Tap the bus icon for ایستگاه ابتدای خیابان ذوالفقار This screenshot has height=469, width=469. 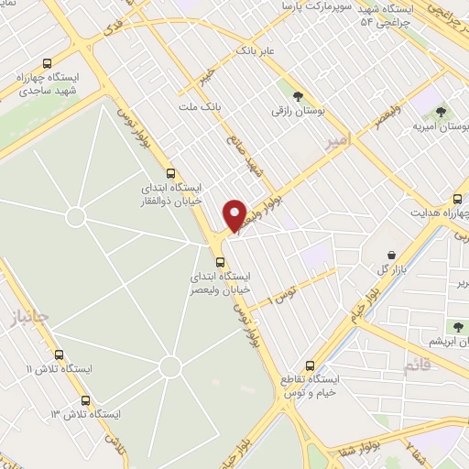click(170, 172)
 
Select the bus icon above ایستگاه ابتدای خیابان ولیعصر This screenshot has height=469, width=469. click(218, 262)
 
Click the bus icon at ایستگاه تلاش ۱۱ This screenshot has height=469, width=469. click(60, 354)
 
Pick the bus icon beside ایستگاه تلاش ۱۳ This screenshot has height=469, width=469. click(85, 400)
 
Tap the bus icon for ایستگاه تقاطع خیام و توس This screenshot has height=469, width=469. click(311, 364)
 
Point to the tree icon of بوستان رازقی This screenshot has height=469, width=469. click(297, 94)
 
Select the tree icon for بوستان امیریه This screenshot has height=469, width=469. click(442, 112)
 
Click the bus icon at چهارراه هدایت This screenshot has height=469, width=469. click(458, 199)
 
